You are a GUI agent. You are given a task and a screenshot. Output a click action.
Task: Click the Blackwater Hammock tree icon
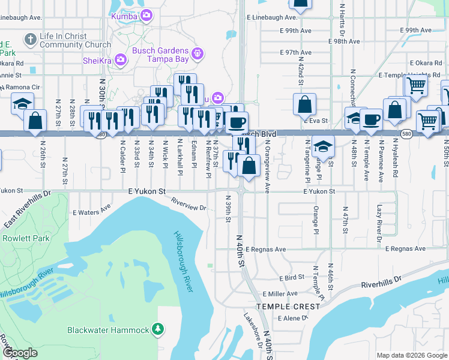(158, 329)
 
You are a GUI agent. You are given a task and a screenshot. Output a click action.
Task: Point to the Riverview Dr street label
(188, 205)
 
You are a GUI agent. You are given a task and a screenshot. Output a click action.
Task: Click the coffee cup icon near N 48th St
(371, 119)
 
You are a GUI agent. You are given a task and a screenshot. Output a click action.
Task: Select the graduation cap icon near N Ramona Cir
(23, 104)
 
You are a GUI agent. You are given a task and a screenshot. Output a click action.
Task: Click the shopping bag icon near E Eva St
(304, 104)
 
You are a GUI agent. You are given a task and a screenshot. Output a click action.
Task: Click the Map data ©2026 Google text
(411, 355)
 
